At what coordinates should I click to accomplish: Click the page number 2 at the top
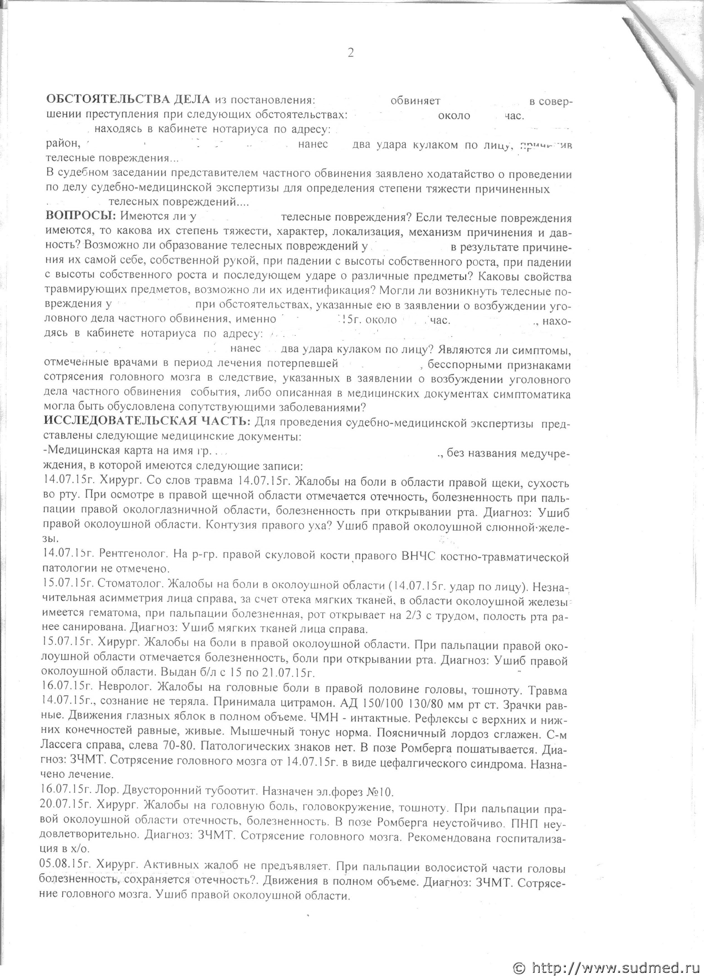click(351, 53)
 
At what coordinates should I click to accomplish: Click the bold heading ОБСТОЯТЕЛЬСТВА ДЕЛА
click(128, 100)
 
